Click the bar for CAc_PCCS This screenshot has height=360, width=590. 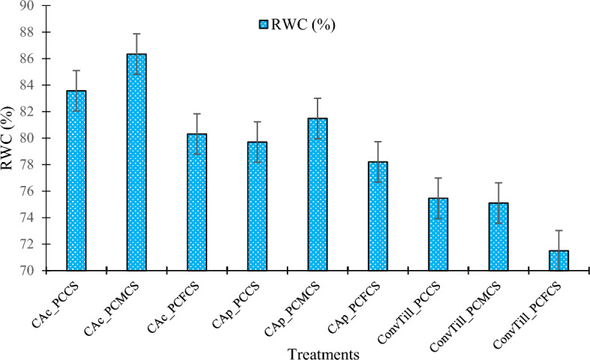click(76, 180)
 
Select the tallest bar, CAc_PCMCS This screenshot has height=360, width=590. click(136, 162)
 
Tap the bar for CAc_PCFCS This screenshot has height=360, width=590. click(197, 202)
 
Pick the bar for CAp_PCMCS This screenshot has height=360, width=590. click(318, 194)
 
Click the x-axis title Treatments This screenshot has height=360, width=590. click(319, 351)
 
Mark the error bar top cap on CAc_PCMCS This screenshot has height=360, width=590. click(136, 34)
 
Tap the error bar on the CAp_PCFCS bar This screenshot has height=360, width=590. click(378, 161)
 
